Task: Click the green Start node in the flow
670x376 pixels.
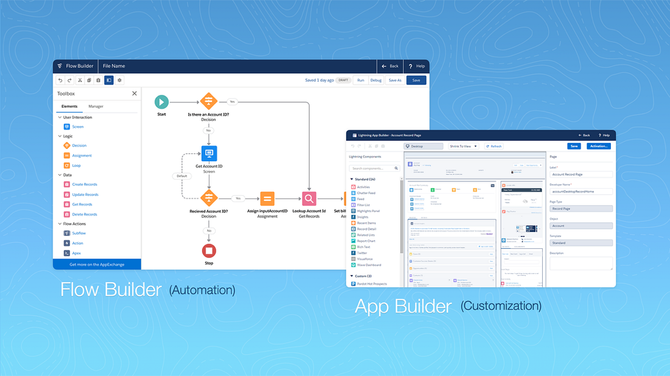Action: [161, 102]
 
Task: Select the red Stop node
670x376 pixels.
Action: [209, 251]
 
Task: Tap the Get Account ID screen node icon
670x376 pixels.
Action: [209, 153]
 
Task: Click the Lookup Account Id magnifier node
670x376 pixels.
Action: [309, 198]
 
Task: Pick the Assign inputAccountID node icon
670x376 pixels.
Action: [267, 198]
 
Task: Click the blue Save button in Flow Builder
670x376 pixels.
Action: [416, 80]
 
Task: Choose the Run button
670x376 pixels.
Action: [361, 80]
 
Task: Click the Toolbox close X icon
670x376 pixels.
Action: [135, 94]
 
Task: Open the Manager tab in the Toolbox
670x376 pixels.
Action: [96, 106]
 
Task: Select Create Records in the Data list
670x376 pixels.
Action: [85, 184]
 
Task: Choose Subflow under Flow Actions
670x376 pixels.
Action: [79, 233]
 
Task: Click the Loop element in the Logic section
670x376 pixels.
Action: [76, 165]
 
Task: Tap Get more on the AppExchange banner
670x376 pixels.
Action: [97, 265]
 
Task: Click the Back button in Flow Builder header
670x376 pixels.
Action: [390, 66]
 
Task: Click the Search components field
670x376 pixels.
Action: [375, 169]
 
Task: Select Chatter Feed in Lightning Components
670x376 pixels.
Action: [366, 193]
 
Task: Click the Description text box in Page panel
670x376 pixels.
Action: [580, 263]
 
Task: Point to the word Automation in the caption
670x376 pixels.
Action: [202, 290]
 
